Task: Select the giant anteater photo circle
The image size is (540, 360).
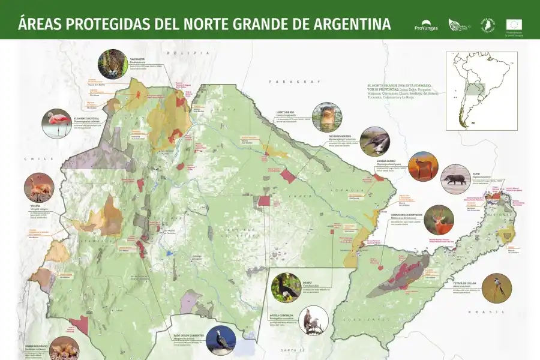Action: tap(375, 142)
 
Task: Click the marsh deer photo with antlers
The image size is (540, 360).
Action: tap(439, 220)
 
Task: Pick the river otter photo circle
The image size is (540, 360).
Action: tap(327, 117)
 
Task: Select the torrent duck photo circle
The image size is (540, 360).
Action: tap(221, 340)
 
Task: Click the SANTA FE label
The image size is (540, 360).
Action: tap(293, 349)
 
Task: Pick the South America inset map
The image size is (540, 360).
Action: tap(481, 90)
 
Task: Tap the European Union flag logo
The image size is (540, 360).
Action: tap(514, 25)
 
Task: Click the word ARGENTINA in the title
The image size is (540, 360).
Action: tap(340, 24)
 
